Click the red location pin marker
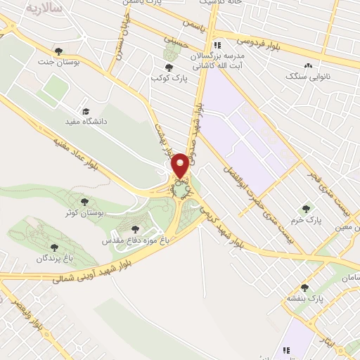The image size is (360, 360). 181,165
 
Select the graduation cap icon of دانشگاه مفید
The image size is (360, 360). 86,111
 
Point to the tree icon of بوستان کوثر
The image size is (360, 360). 84,202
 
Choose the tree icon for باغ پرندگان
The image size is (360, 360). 55,247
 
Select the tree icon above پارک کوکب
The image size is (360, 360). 169,67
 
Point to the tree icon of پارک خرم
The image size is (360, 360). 306,208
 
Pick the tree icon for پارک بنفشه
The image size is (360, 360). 304,288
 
